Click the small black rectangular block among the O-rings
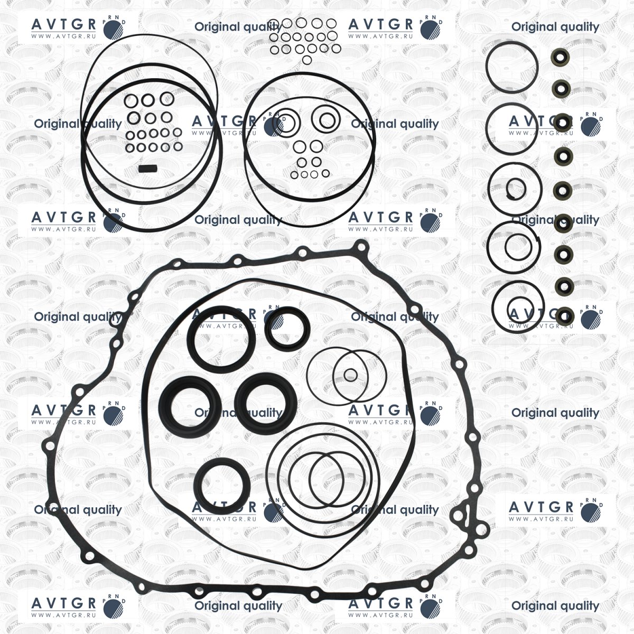pyautogui.click(x=148, y=169)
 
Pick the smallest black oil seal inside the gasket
pyautogui.click(x=287, y=329)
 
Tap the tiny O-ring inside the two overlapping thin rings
pyautogui.click(x=350, y=375)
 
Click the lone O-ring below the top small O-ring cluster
pyautogui.click(x=306, y=60)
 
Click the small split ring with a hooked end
pyautogui.click(x=516, y=189)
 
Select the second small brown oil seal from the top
pyautogui.click(x=561, y=89)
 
